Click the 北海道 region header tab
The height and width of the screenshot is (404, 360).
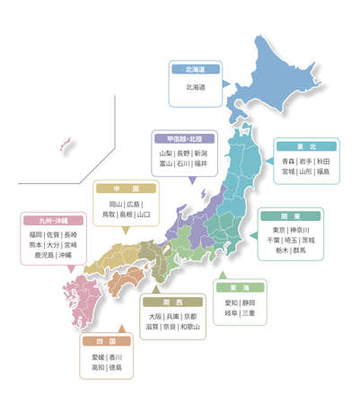pos(194,68)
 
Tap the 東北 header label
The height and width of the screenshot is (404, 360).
pos(305,145)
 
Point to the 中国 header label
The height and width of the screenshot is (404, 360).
pos(126,189)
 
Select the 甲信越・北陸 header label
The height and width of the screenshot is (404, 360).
pos(184,139)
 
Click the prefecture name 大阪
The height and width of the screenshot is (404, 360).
pos(156,316)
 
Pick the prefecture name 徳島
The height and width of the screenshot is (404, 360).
pos(114,366)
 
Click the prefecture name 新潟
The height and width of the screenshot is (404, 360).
pos(201,154)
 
